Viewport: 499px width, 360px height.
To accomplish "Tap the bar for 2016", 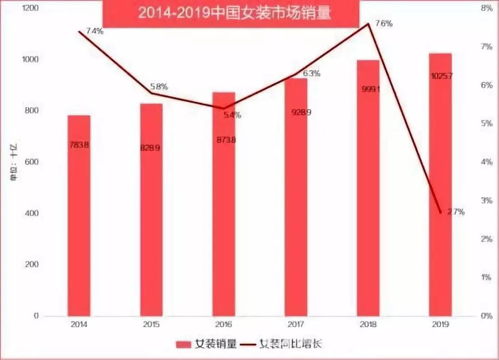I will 224,203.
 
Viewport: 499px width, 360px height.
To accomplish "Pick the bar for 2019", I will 440,185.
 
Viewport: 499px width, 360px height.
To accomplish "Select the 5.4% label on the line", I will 232,115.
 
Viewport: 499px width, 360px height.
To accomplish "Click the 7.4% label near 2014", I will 95,31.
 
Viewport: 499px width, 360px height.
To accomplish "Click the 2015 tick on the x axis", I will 151,324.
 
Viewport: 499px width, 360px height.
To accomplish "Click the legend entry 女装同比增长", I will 282,344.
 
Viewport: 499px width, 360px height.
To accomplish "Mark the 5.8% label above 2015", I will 159,87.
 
